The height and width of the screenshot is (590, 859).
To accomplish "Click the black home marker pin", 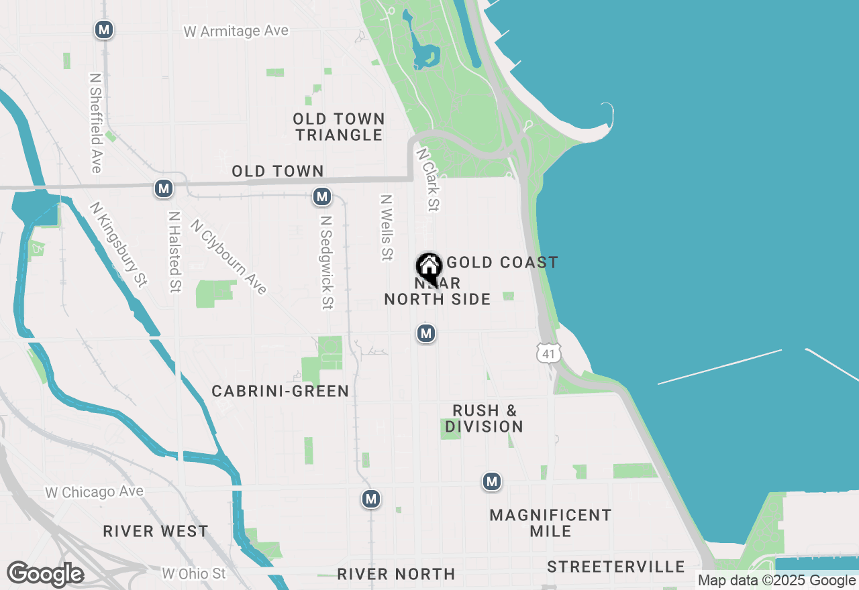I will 429,269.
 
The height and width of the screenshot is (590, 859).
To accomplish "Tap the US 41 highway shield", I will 548,353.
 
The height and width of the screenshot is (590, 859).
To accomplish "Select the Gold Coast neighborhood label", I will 503,262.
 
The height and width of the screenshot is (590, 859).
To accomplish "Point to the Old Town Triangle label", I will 339,127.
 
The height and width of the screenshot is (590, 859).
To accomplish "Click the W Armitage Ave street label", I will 236,31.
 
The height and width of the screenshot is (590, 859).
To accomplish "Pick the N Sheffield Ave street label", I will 95,123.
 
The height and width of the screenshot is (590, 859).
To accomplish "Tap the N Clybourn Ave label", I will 229,257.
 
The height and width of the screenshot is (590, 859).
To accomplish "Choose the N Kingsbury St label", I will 118,245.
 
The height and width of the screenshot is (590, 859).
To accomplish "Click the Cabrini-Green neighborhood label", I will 281,391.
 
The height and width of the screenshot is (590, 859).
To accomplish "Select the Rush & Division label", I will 484,418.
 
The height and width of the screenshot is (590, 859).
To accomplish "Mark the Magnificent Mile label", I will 550,523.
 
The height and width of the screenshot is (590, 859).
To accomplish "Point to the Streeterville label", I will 615,567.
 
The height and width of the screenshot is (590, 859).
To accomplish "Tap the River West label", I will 156,532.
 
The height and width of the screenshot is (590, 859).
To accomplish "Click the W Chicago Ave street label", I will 94,492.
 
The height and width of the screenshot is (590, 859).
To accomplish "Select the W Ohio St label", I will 194,573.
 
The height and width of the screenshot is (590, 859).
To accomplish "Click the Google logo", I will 45,575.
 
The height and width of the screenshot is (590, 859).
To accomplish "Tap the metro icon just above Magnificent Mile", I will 492,481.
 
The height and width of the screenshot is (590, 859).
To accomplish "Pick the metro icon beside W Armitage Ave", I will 103,29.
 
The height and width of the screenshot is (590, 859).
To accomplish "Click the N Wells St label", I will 387,227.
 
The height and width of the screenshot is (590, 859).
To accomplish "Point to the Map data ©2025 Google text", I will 776,581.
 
